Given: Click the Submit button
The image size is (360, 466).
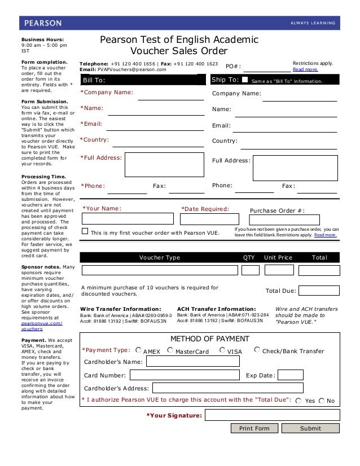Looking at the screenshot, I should tap(310, 428).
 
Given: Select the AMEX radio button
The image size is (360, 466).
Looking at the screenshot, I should tap(139, 350).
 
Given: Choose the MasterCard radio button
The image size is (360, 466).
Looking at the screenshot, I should tap(170, 350).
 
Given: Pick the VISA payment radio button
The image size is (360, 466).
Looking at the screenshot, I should tap(222, 350).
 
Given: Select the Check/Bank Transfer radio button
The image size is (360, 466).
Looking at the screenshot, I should tap(257, 350).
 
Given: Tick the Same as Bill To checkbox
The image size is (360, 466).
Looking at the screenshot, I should tap(244, 80).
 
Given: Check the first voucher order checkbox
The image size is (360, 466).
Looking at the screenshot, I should tap(85, 231).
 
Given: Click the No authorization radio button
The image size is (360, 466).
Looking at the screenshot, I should tap(322, 400).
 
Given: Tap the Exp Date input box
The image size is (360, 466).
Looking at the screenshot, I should tap(291, 375).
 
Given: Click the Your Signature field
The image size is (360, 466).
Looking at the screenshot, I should tap(272, 416).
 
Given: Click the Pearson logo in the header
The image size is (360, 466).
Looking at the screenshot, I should tap(43, 23).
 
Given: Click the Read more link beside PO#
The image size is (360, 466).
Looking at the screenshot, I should tap(305, 69).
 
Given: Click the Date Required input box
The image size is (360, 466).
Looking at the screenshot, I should tap(205, 218).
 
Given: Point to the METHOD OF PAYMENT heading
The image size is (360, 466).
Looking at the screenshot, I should tap(209, 338).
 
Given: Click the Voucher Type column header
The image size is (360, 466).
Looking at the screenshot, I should tap(159, 257).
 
